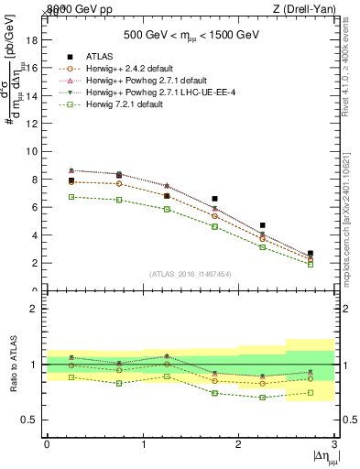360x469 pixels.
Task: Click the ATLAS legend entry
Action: [x=97, y=57]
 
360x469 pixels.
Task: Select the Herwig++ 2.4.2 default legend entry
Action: [x=123, y=69]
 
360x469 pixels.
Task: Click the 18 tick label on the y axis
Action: [x=31, y=39]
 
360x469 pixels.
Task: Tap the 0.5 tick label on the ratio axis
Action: [x=28, y=420]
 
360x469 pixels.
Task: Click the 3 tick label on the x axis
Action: [x=335, y=444]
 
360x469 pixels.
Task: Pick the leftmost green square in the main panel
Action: [x=71, y=196]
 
